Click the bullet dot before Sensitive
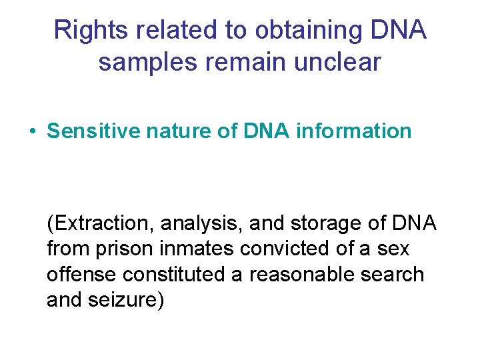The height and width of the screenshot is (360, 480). click(x=33, y=131)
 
